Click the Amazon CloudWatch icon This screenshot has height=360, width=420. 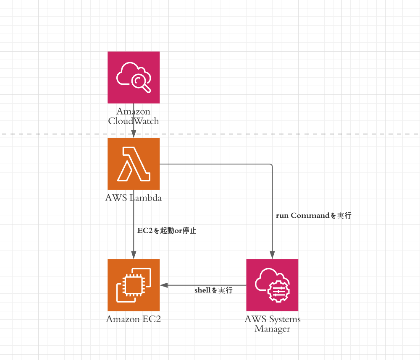click(x=134, y=77)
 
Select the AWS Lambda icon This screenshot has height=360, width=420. click(x=134, y=164)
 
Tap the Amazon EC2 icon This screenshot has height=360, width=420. click(x=134, y=285)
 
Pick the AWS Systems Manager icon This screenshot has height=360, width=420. click(x=272, y=285)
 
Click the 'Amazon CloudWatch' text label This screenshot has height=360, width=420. click(x=134, y=116)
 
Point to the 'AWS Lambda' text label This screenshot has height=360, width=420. click(x=134, y=198)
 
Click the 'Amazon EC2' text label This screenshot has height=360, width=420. click(x=134, y=319)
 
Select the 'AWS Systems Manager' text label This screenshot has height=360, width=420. click(x=273, y=324)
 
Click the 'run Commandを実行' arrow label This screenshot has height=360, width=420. click(x=314, y=216)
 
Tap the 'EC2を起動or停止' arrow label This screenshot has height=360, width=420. click(x=167, y=230)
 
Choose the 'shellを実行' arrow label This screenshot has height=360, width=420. click(x=213, y=290)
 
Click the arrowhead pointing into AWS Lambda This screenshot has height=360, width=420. click(x=134, y=134)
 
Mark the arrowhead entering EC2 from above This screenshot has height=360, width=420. click(x=134, y=256)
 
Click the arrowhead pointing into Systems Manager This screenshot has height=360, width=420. click(x=272, y=256)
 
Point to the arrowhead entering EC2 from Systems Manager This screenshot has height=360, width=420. click(x=164, y=285)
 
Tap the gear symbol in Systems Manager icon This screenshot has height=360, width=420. click(x=278, y=291)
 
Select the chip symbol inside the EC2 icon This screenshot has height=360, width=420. click(x=134, y=285)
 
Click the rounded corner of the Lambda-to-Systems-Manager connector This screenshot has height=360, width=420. click(x=271, y=165)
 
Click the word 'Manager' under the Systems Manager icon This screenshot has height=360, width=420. click(x=273, y=329)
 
